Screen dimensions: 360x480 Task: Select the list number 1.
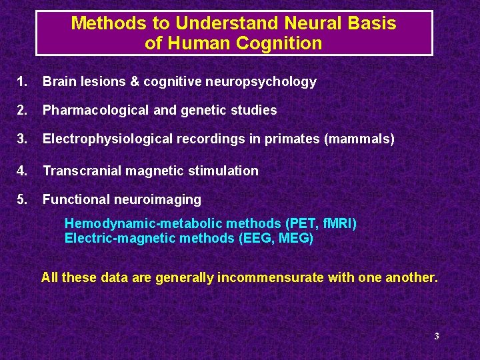point(22,82)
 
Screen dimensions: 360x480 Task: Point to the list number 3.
point(22,139)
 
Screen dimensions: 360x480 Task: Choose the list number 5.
point(22,199)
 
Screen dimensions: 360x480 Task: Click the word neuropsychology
point(269,82)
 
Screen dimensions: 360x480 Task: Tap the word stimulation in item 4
point(225,171)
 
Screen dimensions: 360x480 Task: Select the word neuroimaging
point(160,199)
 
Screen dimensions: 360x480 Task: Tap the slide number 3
point(437,336)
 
